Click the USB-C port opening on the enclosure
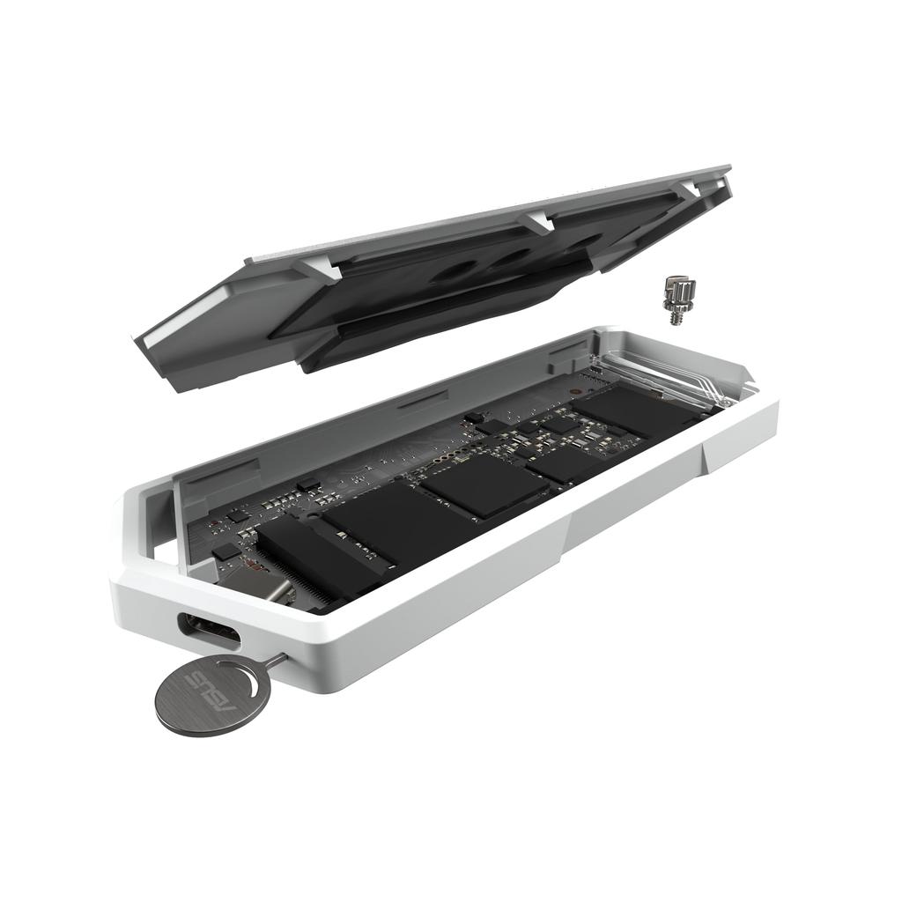click(x=209, y=631)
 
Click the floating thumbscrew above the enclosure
click(x=677, y=299)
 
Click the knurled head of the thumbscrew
click(x=678, y=289)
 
